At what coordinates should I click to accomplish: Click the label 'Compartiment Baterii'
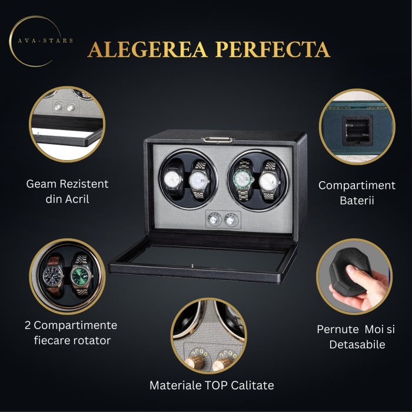tap(357, 193)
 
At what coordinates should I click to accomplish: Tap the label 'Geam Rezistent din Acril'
tap(67, 191)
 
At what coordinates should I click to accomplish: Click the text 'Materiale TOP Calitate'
tap(211, 386)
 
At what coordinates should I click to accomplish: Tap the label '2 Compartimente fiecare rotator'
tap(71, 333)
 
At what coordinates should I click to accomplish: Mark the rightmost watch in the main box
tap(268, 180)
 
